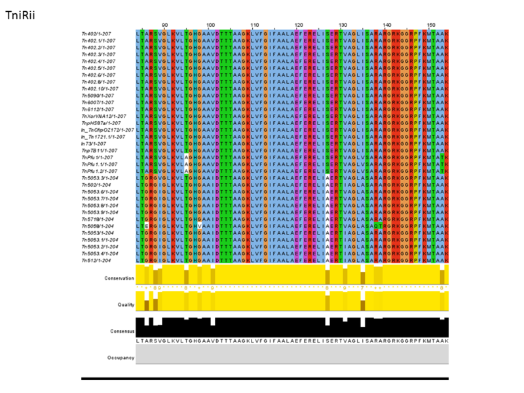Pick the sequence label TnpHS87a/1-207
(102, 122)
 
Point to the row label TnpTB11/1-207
(100, 150)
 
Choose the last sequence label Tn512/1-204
(96, 260)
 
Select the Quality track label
(126, 305)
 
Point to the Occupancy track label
(121, 357)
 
